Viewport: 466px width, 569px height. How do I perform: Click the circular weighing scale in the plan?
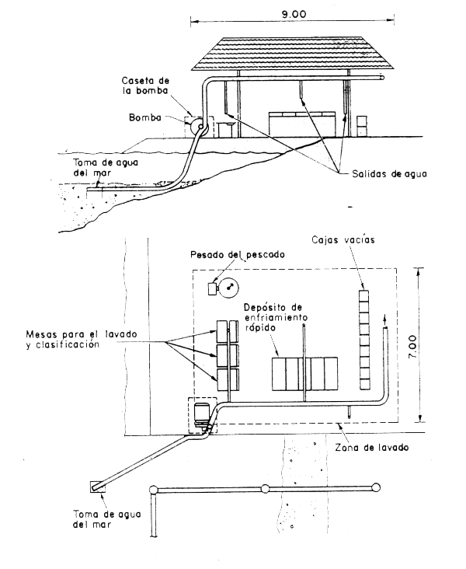coord(229,288)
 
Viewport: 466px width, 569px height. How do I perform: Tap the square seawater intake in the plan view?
coord(96,487)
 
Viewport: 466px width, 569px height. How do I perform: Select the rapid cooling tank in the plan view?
coord(304,374)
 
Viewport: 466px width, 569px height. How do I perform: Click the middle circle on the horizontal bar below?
coord(265,489)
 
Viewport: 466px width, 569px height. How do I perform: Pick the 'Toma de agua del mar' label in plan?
coord(92,518)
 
